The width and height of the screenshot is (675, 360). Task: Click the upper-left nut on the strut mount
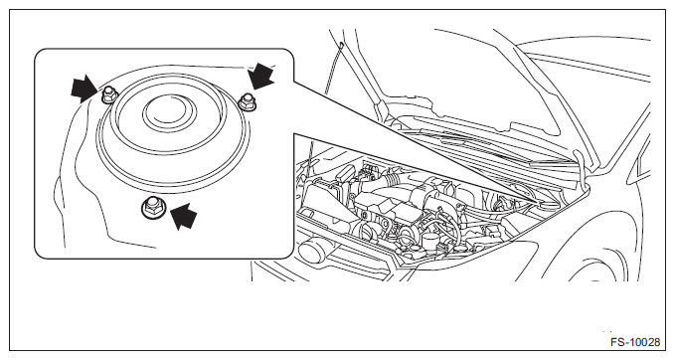coord(107,94)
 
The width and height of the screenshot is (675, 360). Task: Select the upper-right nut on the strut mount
coord(247,102)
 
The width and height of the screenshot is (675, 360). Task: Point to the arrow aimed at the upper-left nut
coord(84,89)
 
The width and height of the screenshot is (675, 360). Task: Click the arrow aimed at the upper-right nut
coord(261,76)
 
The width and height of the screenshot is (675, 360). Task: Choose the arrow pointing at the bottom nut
coord(183,216)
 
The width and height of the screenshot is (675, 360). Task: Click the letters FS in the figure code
coord(617,342)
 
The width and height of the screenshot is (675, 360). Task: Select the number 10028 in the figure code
coord(643,342)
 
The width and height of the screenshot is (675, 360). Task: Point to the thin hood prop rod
coord(332,69)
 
